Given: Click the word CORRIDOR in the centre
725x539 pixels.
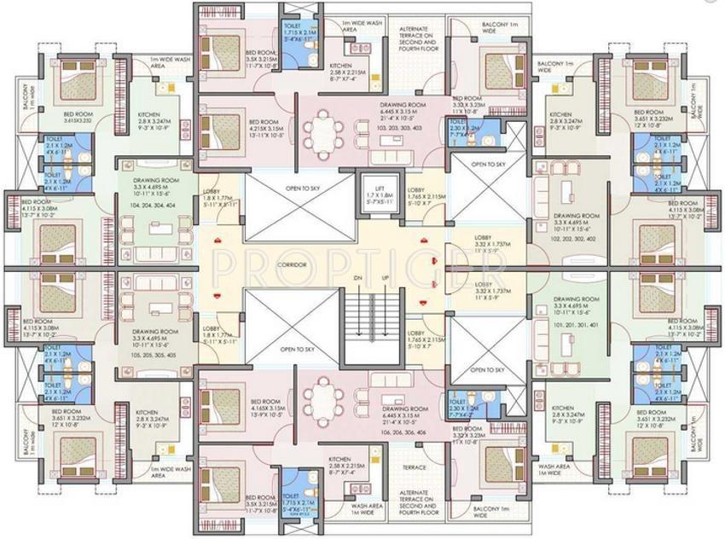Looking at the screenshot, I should [x=292, y=266].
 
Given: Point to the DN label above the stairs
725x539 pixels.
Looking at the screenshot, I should [x=359, y=279].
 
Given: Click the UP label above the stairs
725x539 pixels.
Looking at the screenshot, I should [x=386, y=279].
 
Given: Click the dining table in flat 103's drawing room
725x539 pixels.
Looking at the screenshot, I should [x=322, y=132].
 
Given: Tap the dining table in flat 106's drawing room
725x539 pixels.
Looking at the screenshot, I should [x=322, y=397].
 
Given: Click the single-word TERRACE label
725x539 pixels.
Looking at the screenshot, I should [x=414, y=468].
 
